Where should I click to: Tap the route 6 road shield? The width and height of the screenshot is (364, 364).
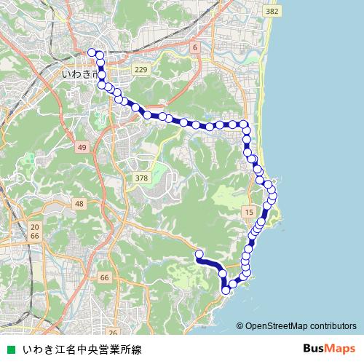pyautogui.click(x=194, y=47)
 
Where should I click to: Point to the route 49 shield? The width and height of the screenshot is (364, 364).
pyautogui.click(x=82, y=148)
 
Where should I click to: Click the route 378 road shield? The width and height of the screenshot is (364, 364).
pyautogui.click(x=142, y=178)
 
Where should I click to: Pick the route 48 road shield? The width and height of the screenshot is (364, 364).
pyautogui.click(x=79, y=204)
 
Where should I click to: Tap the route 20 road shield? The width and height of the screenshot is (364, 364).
pyautogui.click(x=36, y=228)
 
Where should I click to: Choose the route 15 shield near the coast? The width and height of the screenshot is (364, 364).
pyautogui.click(x=249, y=211)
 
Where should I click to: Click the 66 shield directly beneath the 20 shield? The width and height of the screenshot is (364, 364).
pyautogui.click(x=36, y=237)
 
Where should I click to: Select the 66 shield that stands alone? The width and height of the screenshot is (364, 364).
pyautogui.click(x=105, y=278)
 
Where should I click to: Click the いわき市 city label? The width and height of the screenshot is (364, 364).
pyautogui.click(x=79, y=74)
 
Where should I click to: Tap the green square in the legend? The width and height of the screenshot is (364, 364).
pyautogui.click(x=10, y=350)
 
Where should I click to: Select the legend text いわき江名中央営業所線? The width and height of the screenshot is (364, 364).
pyautogui.click(x=82, y=350)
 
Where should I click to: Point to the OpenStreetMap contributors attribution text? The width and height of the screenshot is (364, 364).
pyautogui.click(x=301, y=326)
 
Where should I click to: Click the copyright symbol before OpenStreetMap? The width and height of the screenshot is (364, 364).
pyautogui.click(x=240, y=326)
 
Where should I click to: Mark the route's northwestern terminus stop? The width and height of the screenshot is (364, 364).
pyautogui.click(x=92, y=52)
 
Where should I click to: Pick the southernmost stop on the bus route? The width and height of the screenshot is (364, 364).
pyautogui.click(x=226, y=290)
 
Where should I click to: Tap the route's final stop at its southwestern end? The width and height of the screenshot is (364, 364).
pyautogui.click(x=199, y=253)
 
